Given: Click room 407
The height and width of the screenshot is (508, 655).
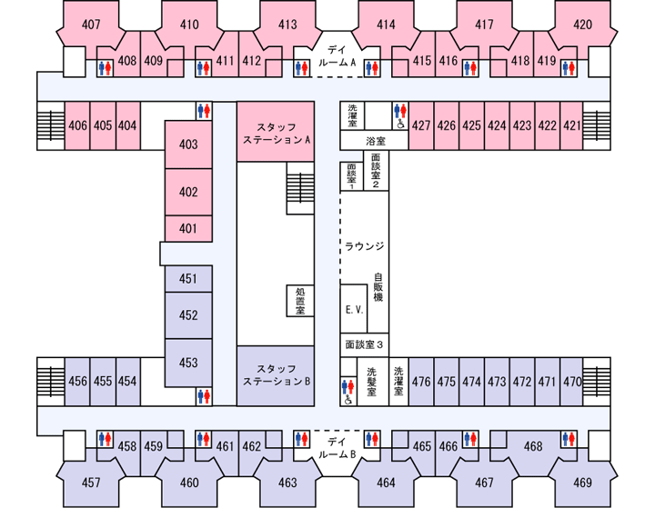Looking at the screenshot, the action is [91, 25].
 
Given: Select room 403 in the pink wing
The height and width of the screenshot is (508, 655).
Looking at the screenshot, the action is [188, 144].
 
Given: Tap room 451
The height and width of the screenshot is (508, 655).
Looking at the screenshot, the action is [188, 279].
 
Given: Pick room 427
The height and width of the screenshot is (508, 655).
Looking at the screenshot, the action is [421, 125].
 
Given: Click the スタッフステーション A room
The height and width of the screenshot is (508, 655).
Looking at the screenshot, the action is [276, 132].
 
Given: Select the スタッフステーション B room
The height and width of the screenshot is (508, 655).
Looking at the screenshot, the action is [276, 375].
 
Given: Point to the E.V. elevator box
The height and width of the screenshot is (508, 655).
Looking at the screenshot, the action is [354, 309].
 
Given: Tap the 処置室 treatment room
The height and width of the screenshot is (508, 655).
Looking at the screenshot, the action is [300, 301].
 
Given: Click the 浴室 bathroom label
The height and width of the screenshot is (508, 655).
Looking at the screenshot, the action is [376, 142].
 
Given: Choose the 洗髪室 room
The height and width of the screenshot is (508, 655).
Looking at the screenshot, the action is [373, 382].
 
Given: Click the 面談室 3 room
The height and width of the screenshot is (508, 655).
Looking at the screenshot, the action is [364, 344].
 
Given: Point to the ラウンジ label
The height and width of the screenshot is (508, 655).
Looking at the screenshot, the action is [364, 246].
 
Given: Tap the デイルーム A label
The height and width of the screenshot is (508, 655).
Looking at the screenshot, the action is [337, 56].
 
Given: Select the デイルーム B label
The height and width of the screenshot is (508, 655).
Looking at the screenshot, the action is [337, 448].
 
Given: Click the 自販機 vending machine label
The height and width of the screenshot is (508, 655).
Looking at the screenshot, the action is [378, 287].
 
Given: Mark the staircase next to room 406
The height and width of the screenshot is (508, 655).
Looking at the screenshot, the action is [51, 125].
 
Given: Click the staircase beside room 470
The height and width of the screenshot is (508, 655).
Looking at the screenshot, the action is [597, 382].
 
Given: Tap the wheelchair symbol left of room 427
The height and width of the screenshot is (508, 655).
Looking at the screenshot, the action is [400, 124].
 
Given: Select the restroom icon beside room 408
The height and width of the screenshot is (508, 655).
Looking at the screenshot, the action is [105, 68].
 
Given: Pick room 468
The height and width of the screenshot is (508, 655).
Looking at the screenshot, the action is [533, 446].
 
